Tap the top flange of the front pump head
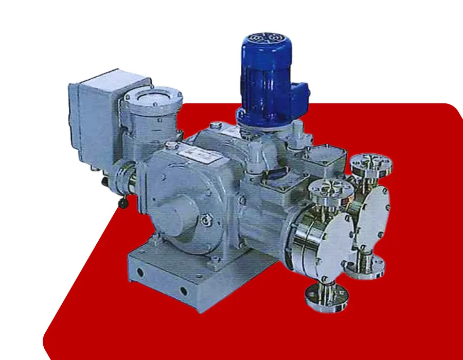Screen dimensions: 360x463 (x=328, y=190)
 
